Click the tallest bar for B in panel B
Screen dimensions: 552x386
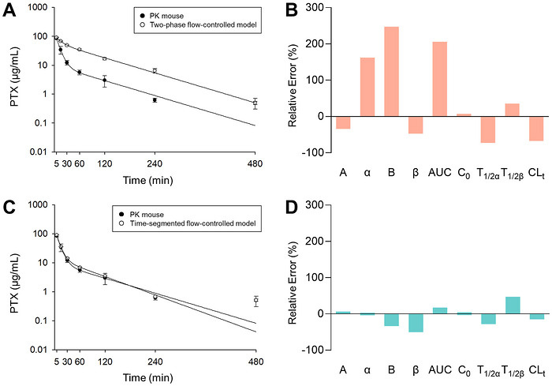(391, 72)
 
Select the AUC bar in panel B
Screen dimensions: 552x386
(440, 79)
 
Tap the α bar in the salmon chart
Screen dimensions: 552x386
(367, 87)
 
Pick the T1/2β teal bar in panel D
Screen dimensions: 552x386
(513, 305)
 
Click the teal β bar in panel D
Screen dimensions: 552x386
(416, 323)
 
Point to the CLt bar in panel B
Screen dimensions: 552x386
(536, 129)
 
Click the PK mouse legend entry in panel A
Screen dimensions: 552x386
(162, 16)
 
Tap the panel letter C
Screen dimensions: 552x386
(9, 208)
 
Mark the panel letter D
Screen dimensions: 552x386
(292, 208)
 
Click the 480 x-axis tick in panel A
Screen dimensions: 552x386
(255, 163)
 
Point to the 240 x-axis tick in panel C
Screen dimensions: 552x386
(155, 362)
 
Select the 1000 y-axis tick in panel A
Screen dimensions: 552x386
(39, 7)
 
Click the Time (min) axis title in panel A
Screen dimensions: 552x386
(148, 181)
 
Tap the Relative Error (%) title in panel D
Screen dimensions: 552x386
(293, 283)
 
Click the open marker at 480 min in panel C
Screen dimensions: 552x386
(256, 300)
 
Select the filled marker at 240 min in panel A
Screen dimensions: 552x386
(155, 100)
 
